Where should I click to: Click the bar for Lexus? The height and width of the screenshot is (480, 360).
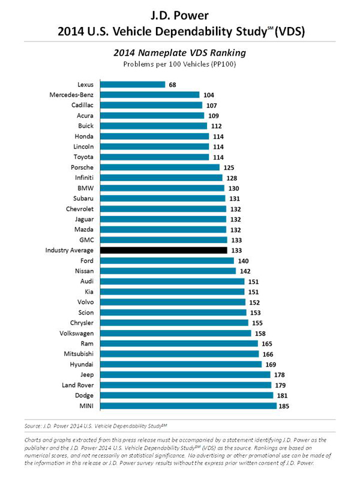click(x=133, y=85)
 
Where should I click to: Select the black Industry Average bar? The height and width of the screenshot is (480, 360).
click(x=163, y=250)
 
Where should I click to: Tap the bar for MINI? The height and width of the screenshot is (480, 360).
click(x=188, y=406)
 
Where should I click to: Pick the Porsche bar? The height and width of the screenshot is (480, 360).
click(x=160, y=167)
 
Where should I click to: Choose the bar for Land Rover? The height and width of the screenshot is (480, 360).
click(x=185, y=385)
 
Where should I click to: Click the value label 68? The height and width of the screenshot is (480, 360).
click(x=173, y=85)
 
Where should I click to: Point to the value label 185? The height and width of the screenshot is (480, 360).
click(x=284, y=406)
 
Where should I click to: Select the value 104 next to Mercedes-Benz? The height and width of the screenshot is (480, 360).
click(x=208, y=95)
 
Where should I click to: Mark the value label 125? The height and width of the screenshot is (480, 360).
click(x=229, y=167)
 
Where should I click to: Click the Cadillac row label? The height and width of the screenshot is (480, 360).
click(x=82, y=105)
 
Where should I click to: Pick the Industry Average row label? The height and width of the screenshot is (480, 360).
click(x=69, y=250)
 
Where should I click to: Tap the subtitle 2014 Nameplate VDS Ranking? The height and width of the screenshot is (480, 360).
click(x=180, y=53)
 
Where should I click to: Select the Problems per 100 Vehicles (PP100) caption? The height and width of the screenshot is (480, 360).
click(x=180, y=64)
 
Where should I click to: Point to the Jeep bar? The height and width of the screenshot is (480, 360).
click(x=185, y=374)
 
